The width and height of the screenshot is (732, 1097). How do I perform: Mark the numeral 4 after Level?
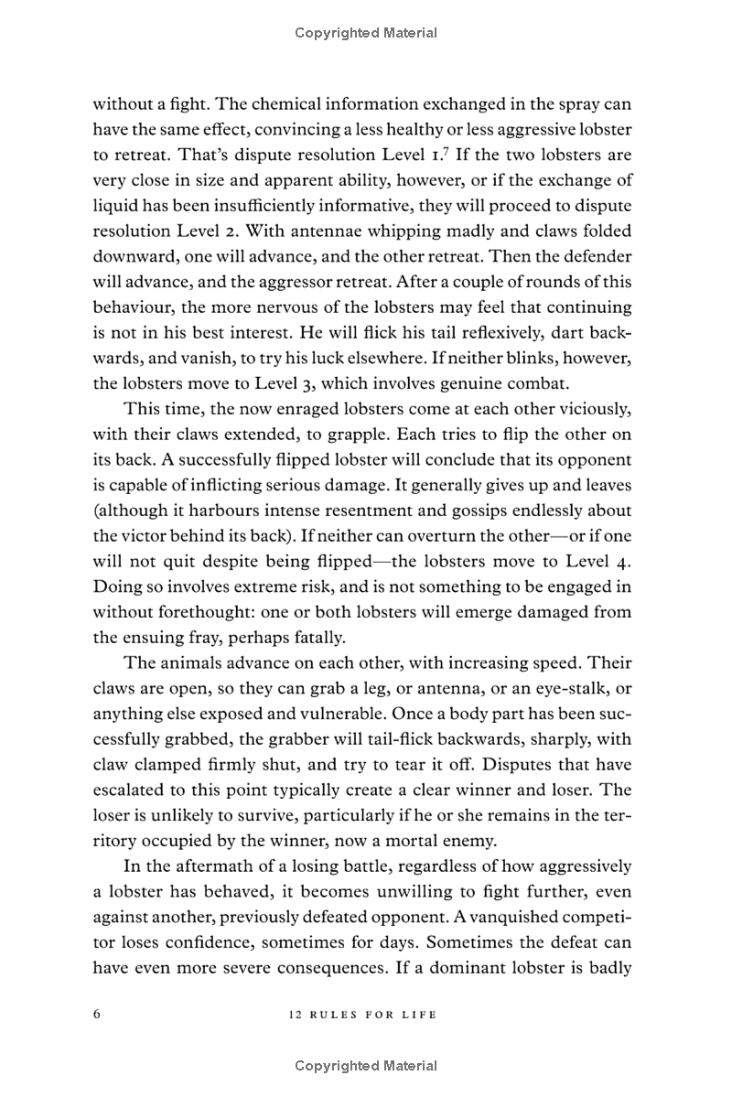point(621,560)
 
